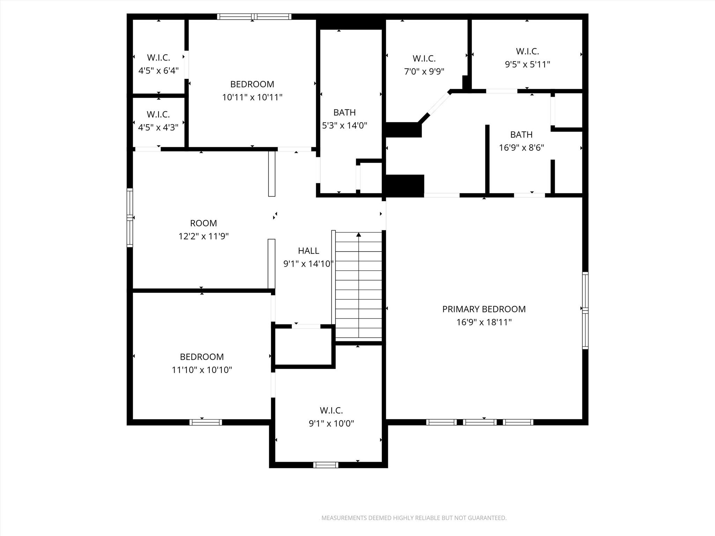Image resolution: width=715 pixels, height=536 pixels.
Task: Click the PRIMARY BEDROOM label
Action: pyautogui.click(x=484, y=309)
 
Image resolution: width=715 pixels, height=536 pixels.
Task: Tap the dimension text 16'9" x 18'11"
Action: pyautogui.click(x=484, y=322)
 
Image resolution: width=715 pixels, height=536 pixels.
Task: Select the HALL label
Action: pyautogui.click(x=308, y=251)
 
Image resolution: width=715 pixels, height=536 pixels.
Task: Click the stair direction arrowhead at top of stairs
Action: pyautogui.click(x=359, y=235)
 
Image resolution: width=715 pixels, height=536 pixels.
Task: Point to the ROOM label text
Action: pyautogui.click(x=203, y=223)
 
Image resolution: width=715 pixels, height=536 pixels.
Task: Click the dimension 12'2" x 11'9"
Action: pyautogui.click(x=203, y=237)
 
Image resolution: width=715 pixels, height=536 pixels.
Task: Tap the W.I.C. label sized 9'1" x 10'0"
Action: pyautogui.click(x=331, y=410)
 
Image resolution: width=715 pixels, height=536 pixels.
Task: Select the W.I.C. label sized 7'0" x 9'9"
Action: pyautogui.click(x=424, y=59)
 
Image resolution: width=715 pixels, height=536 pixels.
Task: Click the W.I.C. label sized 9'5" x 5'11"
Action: pyautogui.click(x=527, y=51)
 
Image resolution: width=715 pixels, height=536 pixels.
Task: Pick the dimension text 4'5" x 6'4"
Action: pyautogui.click(x=159, y=71)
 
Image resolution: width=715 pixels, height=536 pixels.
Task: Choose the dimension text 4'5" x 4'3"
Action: pyautogui.click(x=158, y=127)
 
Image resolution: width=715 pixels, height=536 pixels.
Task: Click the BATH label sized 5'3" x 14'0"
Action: pyautogui.click(x=344, y=112)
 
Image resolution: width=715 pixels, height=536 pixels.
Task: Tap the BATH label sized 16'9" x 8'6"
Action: pyautogui.click(x=521, y=135)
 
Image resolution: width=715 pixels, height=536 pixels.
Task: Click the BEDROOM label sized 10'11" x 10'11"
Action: pyautogui.click(x=252, y=84)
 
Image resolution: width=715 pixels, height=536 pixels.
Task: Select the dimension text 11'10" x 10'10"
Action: pyautogui.click(x=202, y=370)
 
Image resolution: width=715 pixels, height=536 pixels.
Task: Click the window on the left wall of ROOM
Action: pyautogui.click(x=130, y=217)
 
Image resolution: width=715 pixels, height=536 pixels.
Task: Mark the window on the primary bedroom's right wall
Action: pyautogui.click(x=585, y=310)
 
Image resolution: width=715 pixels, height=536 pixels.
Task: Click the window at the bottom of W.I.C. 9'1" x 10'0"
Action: pyautogui.click(x=325, y=465)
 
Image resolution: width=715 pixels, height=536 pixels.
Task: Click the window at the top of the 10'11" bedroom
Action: pyautogui.click(x=254, y=16)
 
